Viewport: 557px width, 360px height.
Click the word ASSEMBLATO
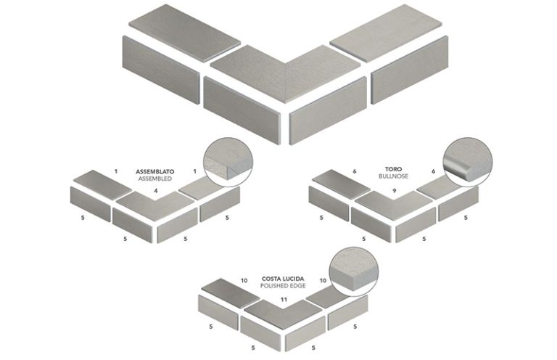[x=154, y=172]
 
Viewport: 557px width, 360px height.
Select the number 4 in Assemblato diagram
[x=156, y=191]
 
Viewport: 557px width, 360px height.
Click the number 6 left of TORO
[x=355, y=171]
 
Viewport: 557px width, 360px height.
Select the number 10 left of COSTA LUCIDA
[x=245, y=279]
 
